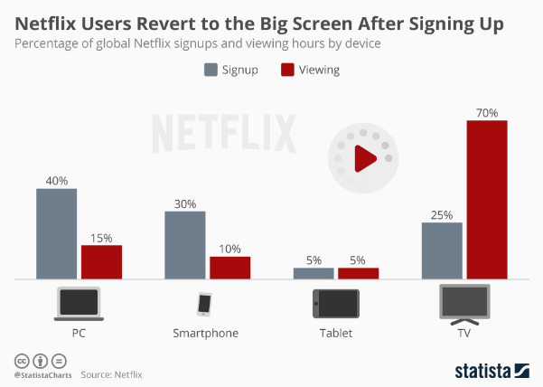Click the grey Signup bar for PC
(x=56, y=234)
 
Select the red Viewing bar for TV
(x=486, y=200)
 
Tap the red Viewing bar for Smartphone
(x=229, y=268)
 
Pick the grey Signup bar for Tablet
(x=314, y=273)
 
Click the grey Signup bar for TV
(x=443, y=251)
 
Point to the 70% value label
(x=486, y=112)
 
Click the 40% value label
(x=56, y=181)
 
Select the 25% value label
(x=443, y=215)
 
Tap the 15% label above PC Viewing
(x=101, y=238)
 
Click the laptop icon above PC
(x=79, y=304)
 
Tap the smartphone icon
(x=204, y=303)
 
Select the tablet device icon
(x=335, y=302)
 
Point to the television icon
(x=464, y=303)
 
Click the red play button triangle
(x=365, y=160)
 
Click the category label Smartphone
(x=205, y=333)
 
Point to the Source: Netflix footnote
(x=112, y=373)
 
